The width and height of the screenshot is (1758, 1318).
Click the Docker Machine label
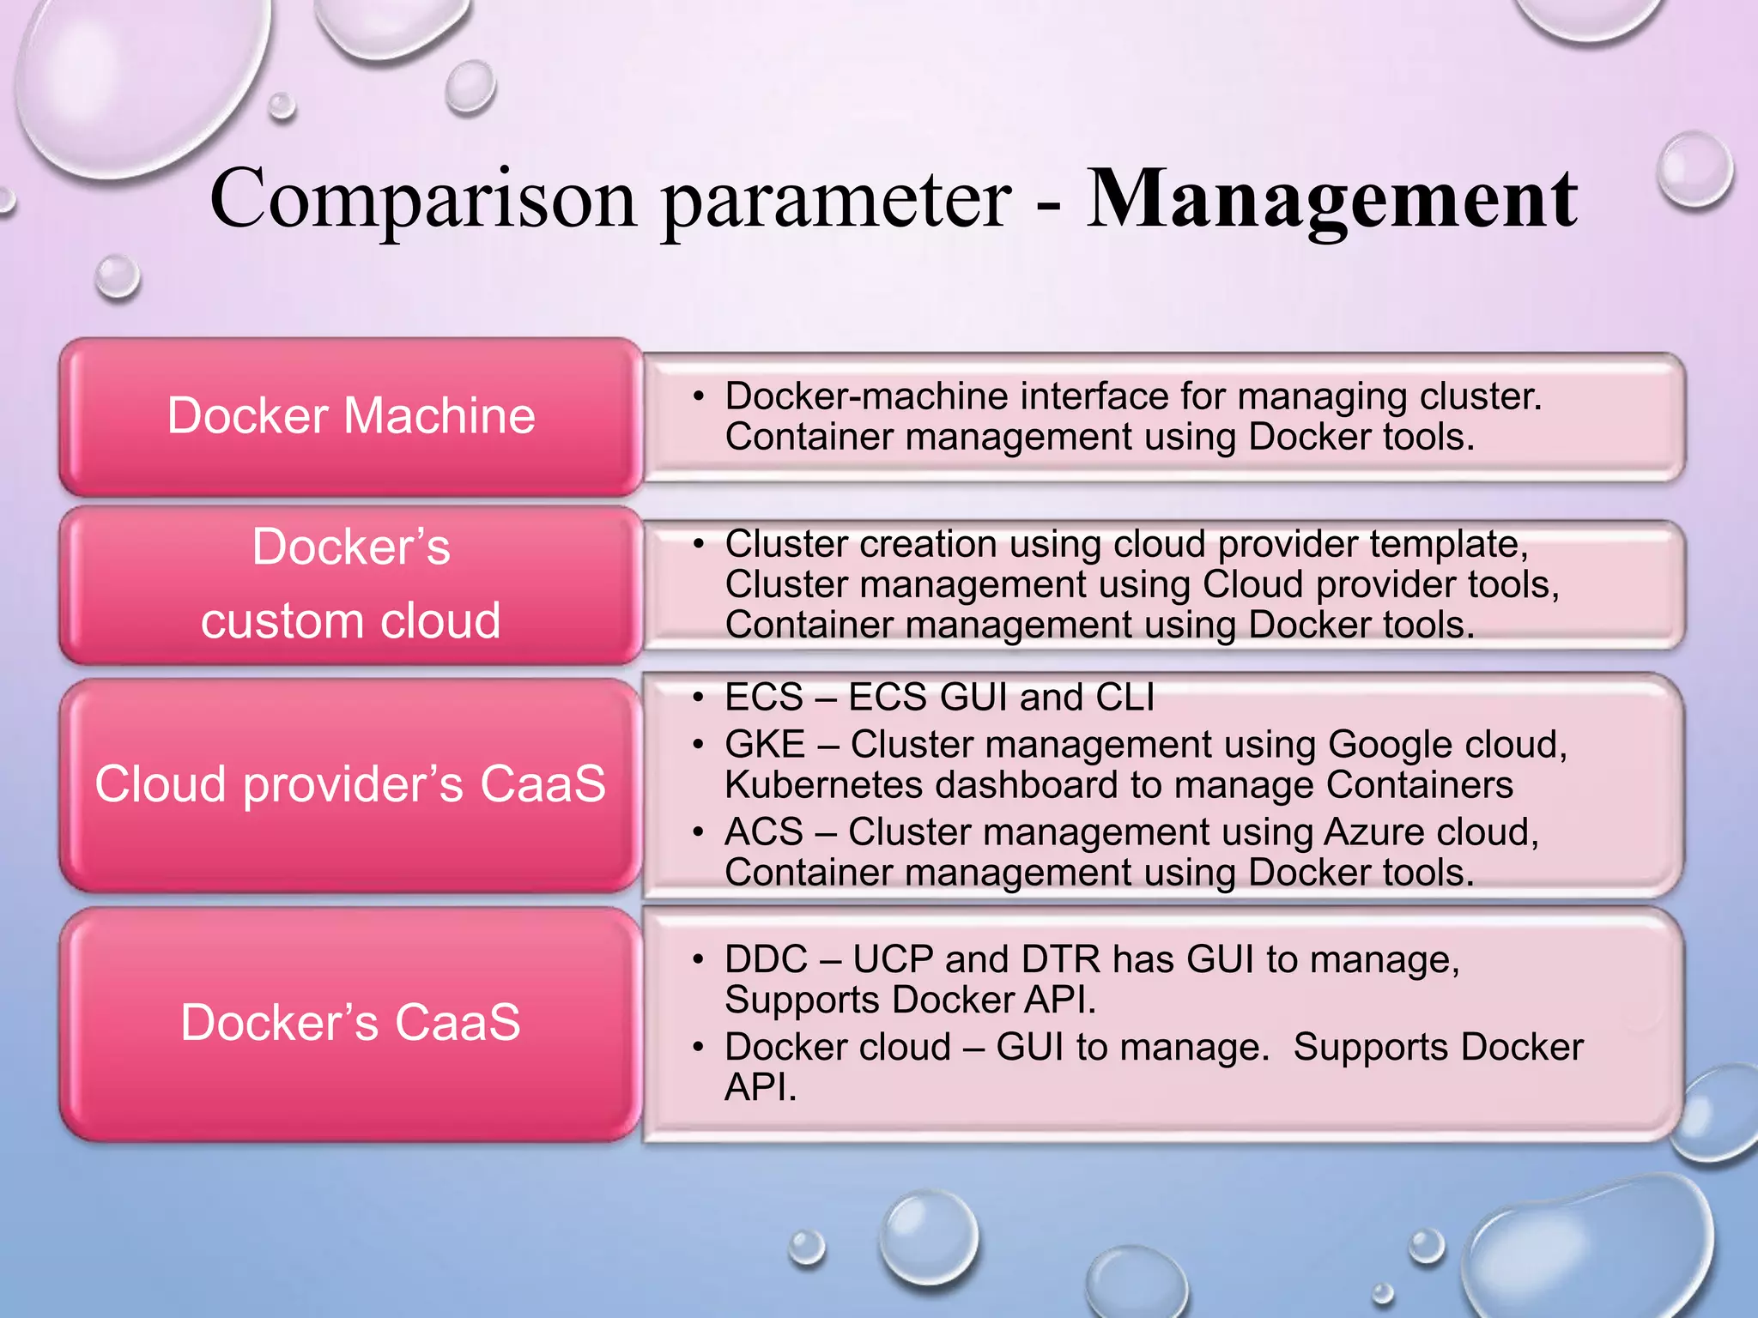tap(351, 416)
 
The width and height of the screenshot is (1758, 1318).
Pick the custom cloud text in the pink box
tap(351, 620)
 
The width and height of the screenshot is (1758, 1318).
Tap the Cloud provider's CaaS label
tap(351, 784)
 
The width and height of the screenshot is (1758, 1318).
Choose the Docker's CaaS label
tap(351, 1023)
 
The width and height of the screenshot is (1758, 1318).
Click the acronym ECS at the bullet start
tap(764, 698)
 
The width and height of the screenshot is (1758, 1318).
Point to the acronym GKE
tap(765, 745)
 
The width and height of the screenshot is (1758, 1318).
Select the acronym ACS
tap(764, 832)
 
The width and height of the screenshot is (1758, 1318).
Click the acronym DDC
tap(766, 959)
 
